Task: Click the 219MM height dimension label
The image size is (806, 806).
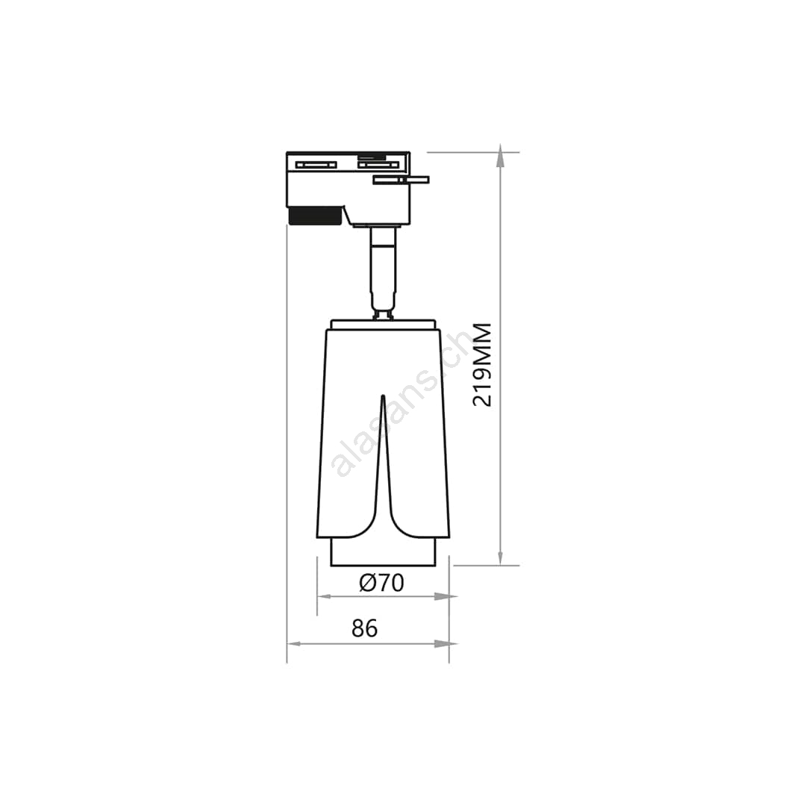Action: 482,365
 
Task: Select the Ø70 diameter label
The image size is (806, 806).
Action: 381,583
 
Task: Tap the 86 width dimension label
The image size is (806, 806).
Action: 364,628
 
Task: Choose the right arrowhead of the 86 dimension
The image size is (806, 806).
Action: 445,643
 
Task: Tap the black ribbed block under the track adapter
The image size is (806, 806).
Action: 315,216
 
